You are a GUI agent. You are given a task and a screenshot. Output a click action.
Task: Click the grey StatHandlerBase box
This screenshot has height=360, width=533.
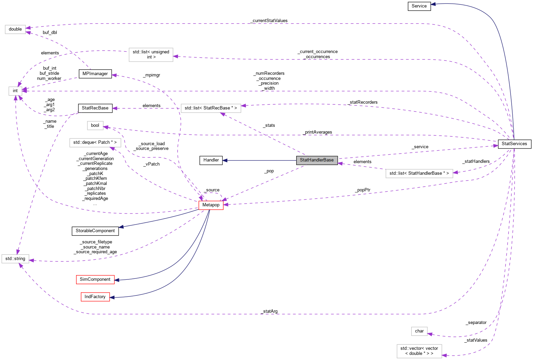pyautogui.click(x=317, y=160)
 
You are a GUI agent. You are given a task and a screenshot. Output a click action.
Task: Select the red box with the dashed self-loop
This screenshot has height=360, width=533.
pyautogui.click(x=211, y=205)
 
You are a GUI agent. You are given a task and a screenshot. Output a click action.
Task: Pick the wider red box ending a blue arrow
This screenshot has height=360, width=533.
pyautogui.click(x=95, y=279)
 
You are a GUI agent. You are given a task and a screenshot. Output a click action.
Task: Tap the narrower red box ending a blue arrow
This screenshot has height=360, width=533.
pyautogui.click(x=95, y=297)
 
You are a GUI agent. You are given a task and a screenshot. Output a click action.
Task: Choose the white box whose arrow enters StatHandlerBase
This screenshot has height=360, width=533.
pyautogui.click(x=419, y=173)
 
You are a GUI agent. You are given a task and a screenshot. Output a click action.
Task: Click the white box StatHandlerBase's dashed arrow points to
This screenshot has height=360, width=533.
pyautogui.click(x=211, y=108)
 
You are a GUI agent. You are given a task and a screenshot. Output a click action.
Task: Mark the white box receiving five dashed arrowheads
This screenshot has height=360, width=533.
pyautogui.click(x=15, y=91)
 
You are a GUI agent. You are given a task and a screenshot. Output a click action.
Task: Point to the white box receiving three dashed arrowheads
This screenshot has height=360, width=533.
pyautogui.click(x=15, y=259)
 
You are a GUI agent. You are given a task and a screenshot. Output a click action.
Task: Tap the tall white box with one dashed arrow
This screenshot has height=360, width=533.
pyautogui.click(x=419, y=351)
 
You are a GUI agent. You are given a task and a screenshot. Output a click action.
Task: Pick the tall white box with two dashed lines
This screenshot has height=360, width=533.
pyautogui.click(x=151, y=55)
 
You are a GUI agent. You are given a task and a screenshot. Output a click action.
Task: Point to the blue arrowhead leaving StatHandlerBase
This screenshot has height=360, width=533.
pyautogui.click(x=225, y=160)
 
